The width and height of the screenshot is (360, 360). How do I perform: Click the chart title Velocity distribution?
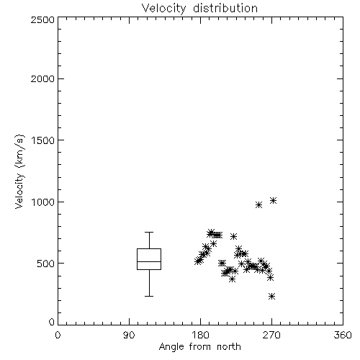199,9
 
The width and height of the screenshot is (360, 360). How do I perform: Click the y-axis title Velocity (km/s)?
19,171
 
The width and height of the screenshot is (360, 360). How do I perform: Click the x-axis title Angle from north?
199,347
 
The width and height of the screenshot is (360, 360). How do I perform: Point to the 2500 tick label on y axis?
42,19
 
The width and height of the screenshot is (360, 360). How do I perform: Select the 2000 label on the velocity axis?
42,78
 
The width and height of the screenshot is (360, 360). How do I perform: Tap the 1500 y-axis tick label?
43,140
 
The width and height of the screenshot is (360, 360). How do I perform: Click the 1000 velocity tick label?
43,202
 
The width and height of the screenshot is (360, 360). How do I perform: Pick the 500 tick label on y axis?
46,264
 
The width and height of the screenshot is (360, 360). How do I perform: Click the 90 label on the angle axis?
129,335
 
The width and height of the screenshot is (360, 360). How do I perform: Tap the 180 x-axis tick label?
200,335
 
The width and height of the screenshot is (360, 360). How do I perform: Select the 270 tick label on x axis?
271,335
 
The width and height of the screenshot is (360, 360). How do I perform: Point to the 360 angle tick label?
343,335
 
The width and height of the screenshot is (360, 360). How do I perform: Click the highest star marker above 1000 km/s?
273,200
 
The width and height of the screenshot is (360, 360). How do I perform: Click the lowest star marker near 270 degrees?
271,297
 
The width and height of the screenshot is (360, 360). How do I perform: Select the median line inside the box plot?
149,261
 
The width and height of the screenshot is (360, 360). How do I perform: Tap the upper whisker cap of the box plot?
149,232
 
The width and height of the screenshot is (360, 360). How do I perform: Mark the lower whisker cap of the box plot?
149,296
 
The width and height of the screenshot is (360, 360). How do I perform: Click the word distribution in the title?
225,9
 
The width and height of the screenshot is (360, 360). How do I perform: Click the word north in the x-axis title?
229,347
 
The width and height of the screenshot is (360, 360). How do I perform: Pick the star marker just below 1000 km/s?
258,204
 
